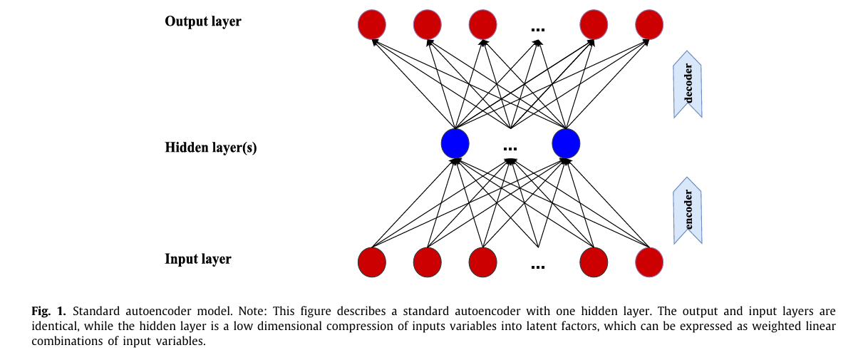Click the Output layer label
[x=203, y=21]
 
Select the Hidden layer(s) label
[x=211, y=148]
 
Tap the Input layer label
[x=198, y=259]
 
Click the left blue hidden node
[x=455, y=143]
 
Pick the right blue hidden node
[x=567, y=143]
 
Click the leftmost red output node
[x=372, y=25]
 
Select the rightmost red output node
[x=648, y=25]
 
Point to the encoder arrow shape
[x=688, y=211]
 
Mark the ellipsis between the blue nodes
[x=510, y=148]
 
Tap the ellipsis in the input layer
[x=538, y=267]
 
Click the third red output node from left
[x=483, y=25]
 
